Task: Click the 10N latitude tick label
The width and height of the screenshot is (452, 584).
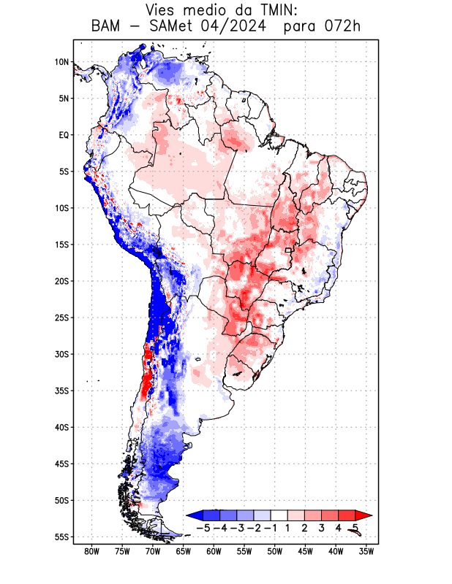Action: point(61,62)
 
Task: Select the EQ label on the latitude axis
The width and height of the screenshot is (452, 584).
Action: point(64,135)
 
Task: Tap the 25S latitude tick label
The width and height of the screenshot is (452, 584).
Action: point(61,318)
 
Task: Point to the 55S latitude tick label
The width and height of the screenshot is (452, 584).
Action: point(61,537)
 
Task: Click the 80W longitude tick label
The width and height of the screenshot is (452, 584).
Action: point(91,551)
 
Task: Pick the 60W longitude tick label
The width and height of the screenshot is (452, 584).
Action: point(214,551)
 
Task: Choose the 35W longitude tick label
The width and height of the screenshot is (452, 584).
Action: point(367,551)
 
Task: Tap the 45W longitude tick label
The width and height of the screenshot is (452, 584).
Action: point(306,551)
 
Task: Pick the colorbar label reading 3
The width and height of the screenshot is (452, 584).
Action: point(321,528)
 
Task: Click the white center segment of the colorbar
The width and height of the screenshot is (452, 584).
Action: point(279,515)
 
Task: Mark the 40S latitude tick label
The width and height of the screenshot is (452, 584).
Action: point(61,427)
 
